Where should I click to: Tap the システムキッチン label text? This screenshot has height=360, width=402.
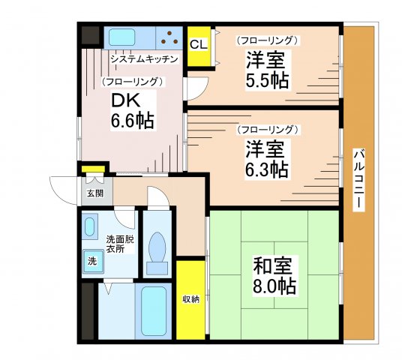pos(143,59)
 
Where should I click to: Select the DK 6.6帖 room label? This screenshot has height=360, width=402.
pos(133,110)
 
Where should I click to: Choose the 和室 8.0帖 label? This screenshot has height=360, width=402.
pos(274,275)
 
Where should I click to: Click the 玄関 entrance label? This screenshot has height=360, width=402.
pos(94,193)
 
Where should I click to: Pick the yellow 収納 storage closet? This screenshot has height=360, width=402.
pos(190,299)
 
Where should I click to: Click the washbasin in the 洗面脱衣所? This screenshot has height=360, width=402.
pos(91,226)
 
